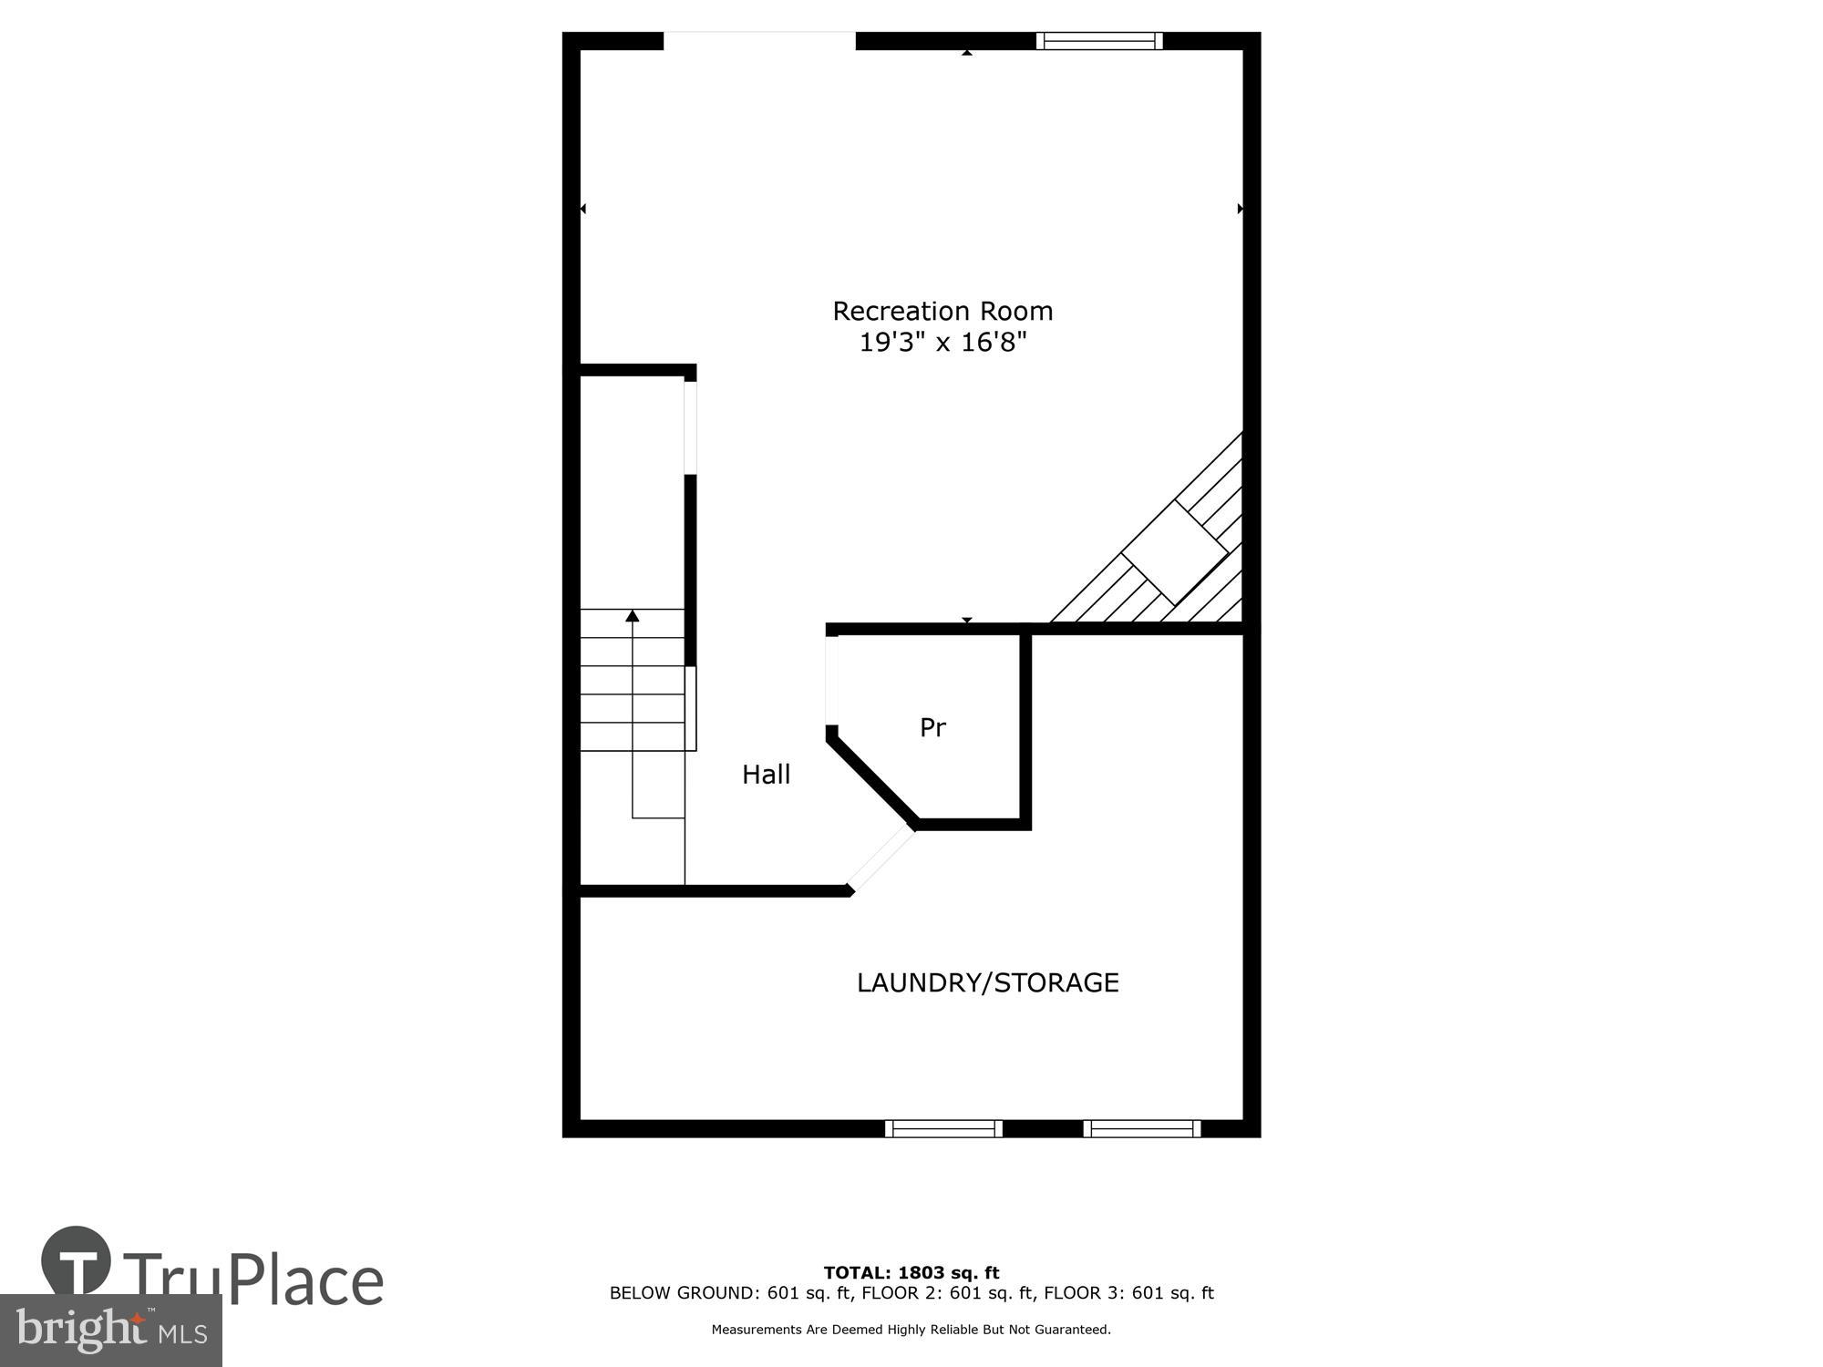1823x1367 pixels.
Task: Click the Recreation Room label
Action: (942, 312)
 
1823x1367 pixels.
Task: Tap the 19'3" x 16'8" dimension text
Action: (942, 344)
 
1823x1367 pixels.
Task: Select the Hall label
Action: (766, 775)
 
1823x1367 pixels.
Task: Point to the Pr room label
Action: (932, 728)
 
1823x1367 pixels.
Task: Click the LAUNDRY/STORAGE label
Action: (987, 982)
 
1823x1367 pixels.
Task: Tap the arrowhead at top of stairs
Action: (633, 617)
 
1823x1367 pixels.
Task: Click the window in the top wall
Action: (1099, 41)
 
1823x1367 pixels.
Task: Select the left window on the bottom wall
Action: (943, 1128)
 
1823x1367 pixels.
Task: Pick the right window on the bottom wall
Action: (1142, 1128)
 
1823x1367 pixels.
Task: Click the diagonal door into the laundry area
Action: (881, 858)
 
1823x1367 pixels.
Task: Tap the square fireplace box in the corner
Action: (1174, 553)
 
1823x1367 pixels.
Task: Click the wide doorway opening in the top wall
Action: (759, 41)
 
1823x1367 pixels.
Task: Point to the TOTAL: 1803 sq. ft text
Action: (911, 1273)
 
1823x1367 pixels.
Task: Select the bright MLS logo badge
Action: (110, 1331)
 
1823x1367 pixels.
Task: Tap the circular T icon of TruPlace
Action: (77, 1262)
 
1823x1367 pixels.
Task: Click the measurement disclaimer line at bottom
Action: (911, 1330)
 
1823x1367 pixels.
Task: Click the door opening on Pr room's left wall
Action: (831, 680)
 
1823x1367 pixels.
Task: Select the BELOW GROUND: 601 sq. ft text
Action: (732, 1293)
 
